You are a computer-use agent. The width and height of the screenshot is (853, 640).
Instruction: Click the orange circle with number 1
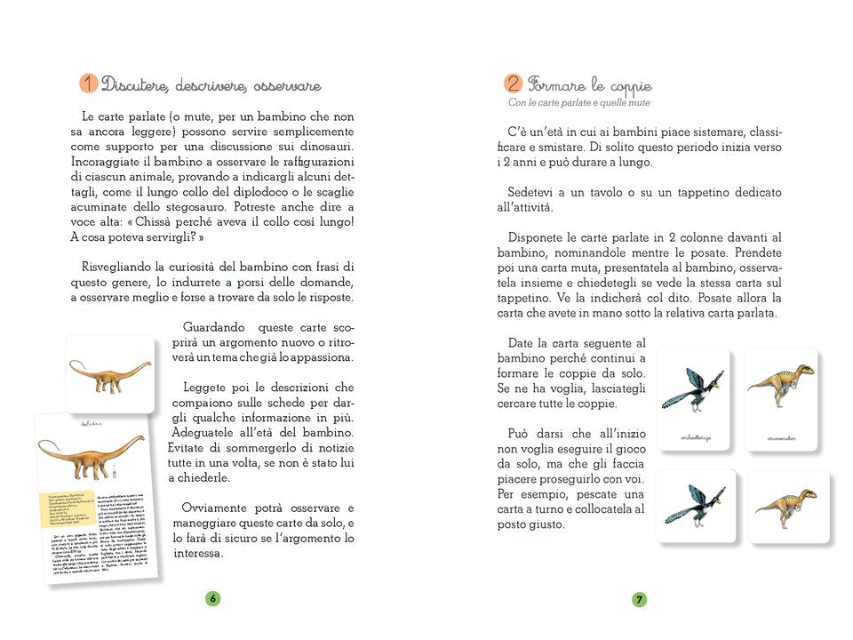[x=88, y=84]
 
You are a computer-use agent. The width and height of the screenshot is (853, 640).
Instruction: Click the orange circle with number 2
[x=513, y=84]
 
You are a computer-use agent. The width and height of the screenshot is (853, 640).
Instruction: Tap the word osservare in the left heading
[x=287, y=86]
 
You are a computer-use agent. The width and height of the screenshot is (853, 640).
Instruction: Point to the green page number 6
[x=213, y=598]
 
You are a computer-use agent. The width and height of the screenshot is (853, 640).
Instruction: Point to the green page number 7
[x=639, y=598]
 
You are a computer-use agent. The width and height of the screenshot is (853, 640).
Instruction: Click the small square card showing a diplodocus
[x=110, y=373]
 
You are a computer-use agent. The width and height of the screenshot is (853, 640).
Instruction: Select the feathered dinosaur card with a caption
[x=694, y=397]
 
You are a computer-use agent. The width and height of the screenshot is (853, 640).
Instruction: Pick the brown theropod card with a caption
[x=780, y=397]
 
